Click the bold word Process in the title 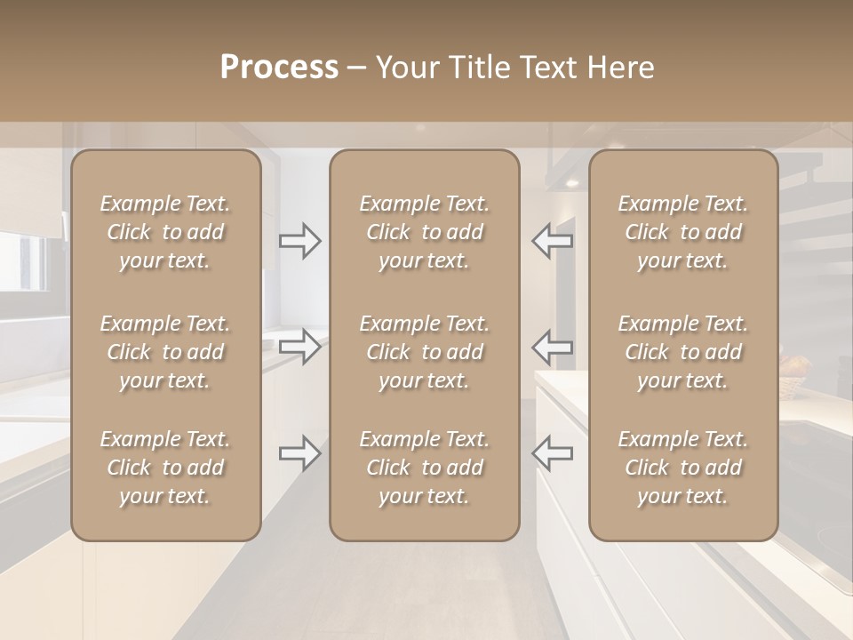(279, 68)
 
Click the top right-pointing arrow (300, 241)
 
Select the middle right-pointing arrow (300, 347)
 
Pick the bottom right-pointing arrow (300, 453)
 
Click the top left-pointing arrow (552, 241)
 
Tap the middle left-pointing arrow (552, 347)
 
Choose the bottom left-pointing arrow (552, 453)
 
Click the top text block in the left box (165, 232)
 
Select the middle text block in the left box (165, 352)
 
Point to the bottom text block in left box (165, 468)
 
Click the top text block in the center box (424, 232)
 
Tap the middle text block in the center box (424, 352)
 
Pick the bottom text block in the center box (424, 468)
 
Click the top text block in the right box (682, 232)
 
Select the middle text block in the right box (682, 352)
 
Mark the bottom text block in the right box (682, 468)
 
